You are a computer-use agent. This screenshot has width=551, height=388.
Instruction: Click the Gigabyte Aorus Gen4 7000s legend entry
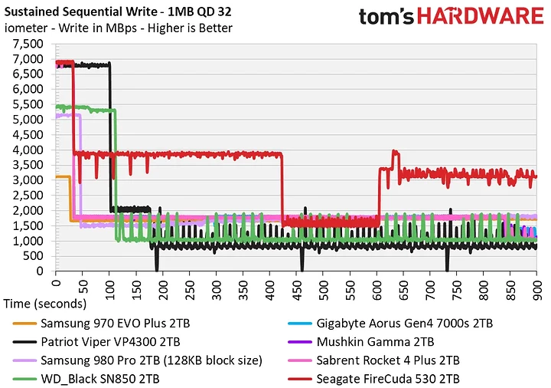click(x=390, y=324)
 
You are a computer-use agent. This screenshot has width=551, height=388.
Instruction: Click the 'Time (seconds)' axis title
click(x=43, y=304)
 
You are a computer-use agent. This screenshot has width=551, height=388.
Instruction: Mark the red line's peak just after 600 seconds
click(x=395, y=152)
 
